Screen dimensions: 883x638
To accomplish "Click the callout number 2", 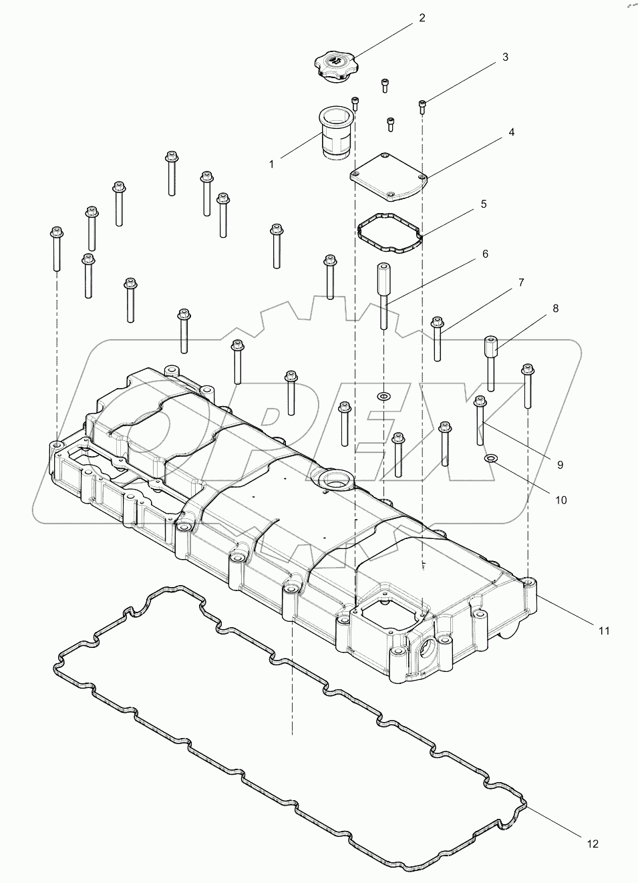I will (x=422, y=18).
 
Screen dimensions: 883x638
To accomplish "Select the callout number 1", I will (x=271, y=164).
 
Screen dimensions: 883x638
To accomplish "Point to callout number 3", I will (x=505, y=57).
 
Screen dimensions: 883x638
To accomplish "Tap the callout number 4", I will (x=511, y=132).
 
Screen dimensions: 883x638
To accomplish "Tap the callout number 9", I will (x=560, y=464).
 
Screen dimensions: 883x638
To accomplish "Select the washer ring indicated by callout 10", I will (x=490, y=458).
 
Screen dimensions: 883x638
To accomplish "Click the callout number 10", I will (x=560, y=500).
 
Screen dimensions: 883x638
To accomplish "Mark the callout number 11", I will (x=603, y=631).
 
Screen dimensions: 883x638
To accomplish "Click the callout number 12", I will (x=592, y=844).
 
